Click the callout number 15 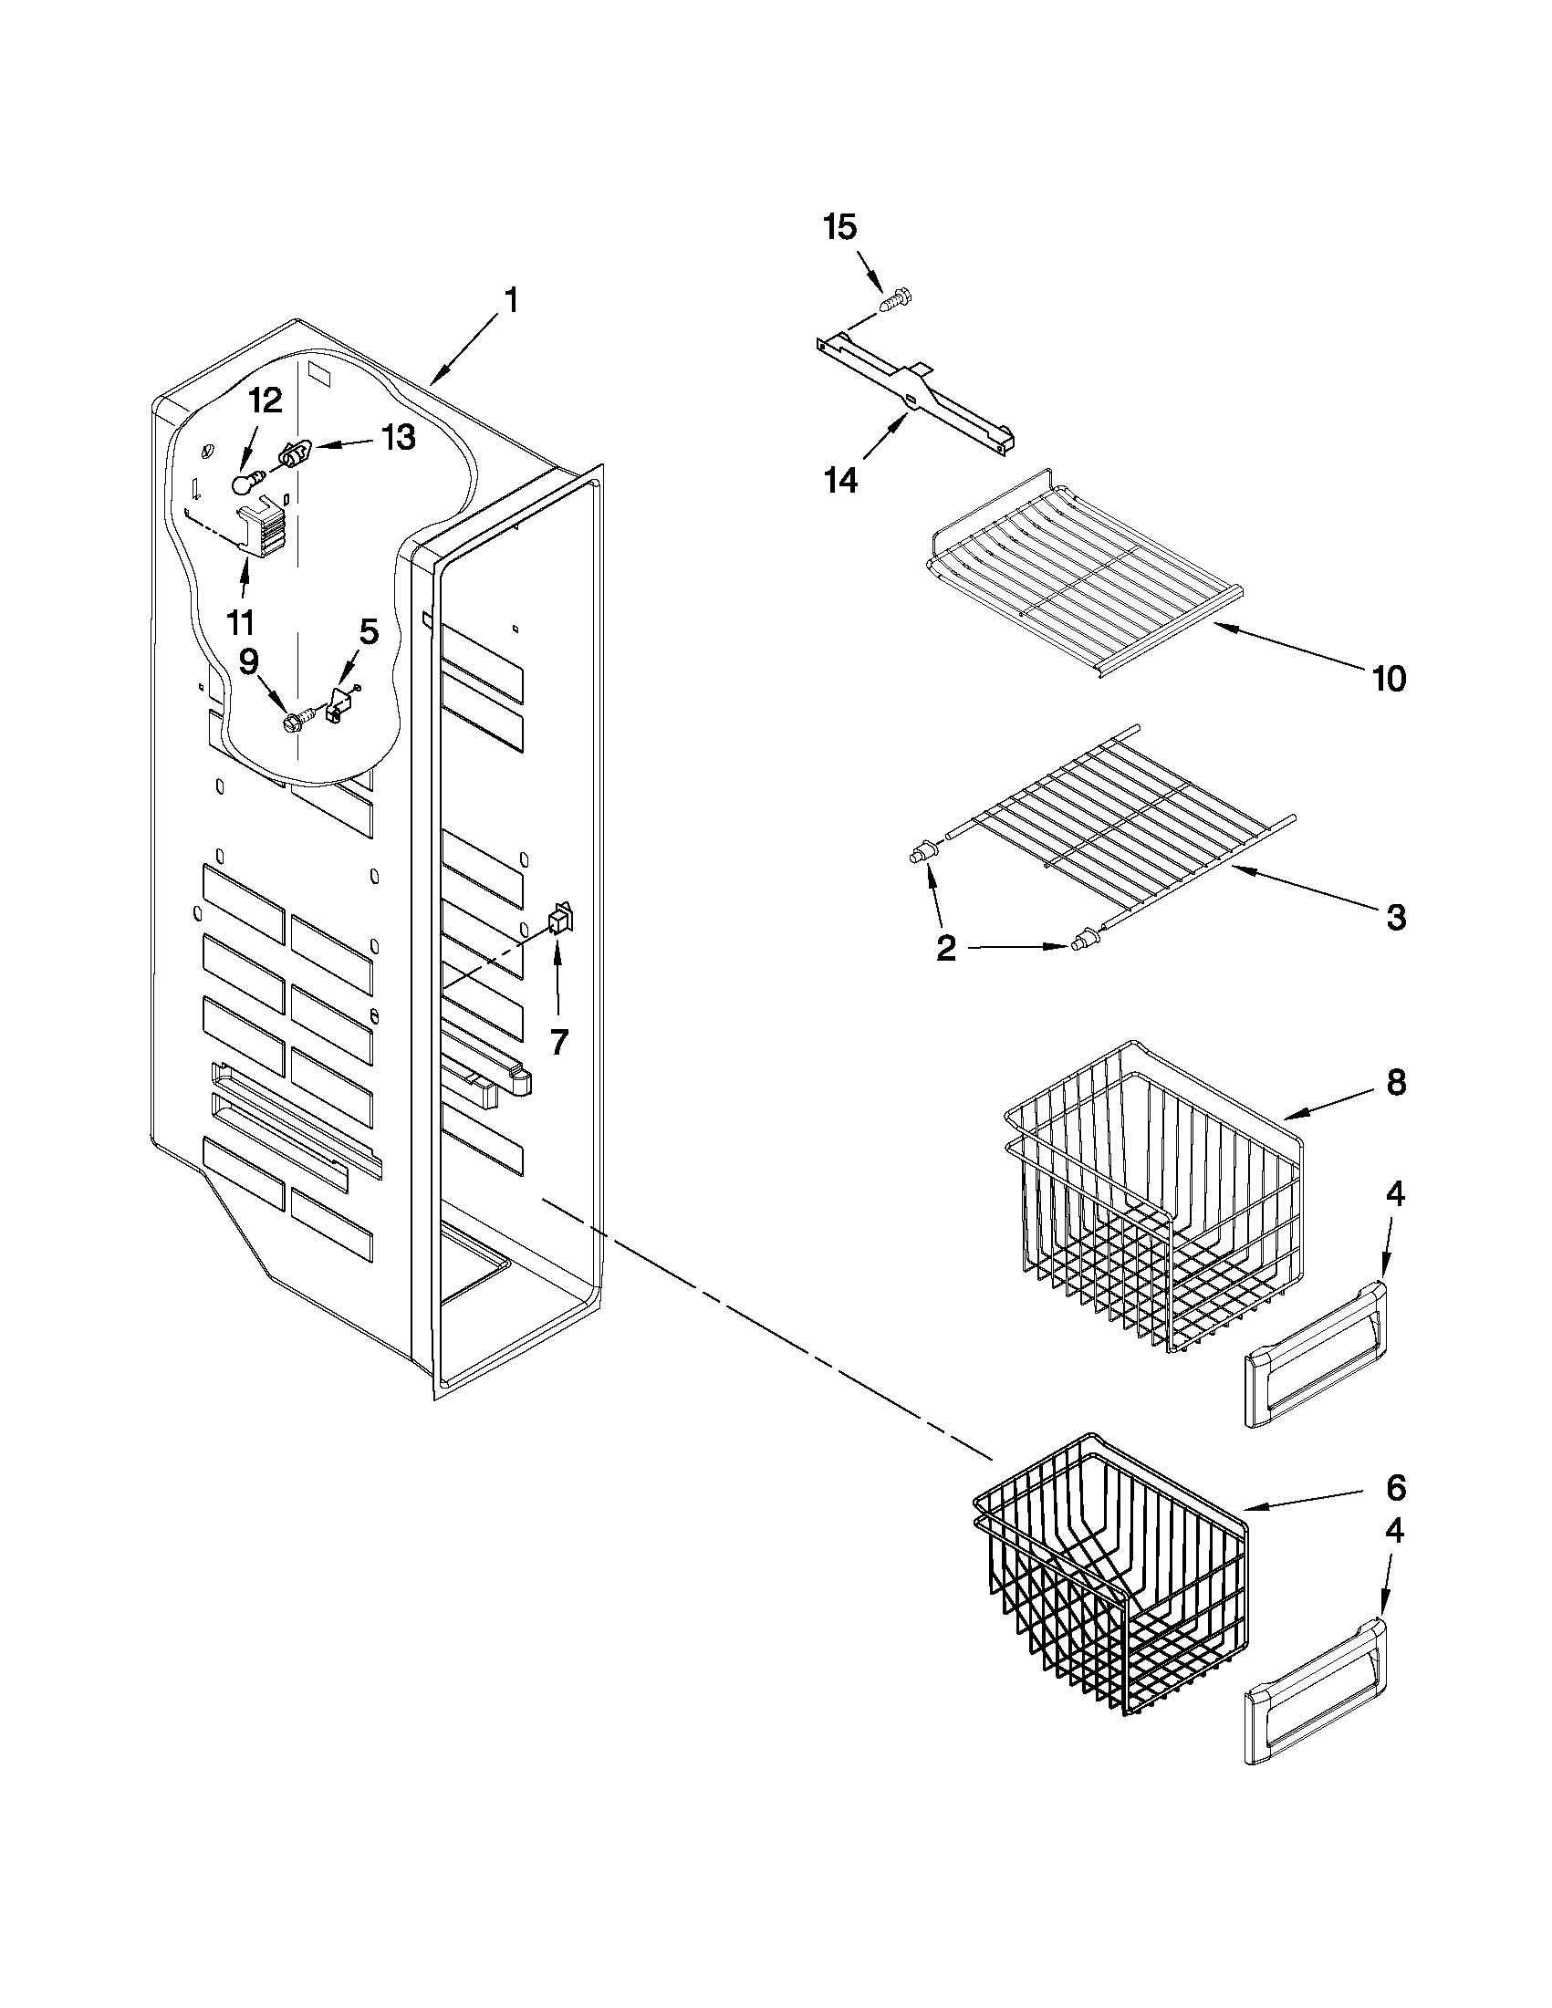[x=840, y=227]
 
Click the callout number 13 [x=397, y=437]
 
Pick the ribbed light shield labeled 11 [x=262, y=531]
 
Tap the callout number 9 [x=249, y=661]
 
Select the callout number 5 [x=369, y=630]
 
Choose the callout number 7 [x=559, y=1042]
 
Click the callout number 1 [x=511, y=300]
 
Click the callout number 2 [x=946, y=948]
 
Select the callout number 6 [x=1397, y=1486]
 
